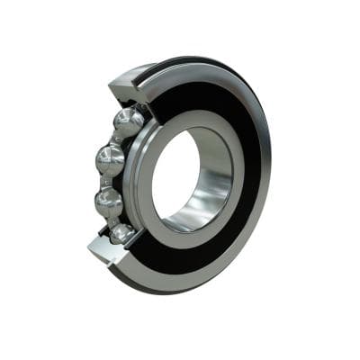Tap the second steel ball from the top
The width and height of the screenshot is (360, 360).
click(110, 160)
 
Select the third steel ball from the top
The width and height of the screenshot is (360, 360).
click(109, 202)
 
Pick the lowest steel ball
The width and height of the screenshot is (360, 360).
click(122, 234)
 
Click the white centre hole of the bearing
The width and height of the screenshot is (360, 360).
click(175, 175)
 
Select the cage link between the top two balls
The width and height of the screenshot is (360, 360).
click(118, 140)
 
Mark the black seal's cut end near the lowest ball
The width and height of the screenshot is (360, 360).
click(135, 247)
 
